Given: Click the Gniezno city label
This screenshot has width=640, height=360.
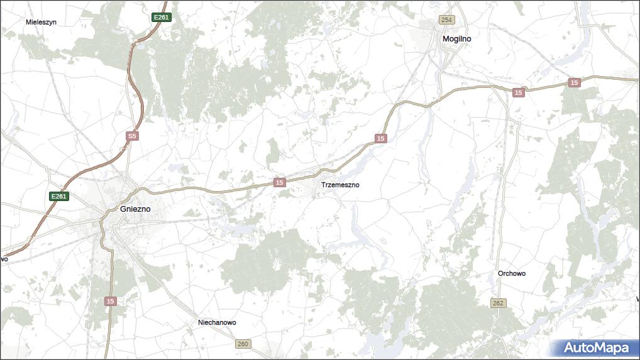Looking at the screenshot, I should click(135, 209).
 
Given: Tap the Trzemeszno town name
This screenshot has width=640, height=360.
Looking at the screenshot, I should click(340, 185).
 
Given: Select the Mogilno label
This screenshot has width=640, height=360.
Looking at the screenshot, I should click(457, 39).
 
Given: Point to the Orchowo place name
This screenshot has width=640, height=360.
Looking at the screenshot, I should click(511, 274).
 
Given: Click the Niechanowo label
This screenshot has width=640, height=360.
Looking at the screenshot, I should click(217, 323).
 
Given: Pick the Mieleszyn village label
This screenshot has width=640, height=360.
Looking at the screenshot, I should click(41, 22).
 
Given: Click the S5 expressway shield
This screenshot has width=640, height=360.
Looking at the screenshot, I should click(131, 136).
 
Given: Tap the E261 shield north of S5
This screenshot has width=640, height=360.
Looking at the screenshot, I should click(162, 18).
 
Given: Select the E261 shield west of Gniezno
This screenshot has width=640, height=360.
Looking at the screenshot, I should click(58, 197).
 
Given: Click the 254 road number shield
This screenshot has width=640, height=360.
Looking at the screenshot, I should click(446, 20).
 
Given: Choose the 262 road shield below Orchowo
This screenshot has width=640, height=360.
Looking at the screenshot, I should click(498, 303).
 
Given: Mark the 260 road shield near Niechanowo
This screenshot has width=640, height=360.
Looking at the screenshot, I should click(243, 344).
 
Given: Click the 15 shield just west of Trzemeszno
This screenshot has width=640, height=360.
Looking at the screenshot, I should click(280, 182).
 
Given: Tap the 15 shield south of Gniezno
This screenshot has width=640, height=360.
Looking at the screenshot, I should click(111, 302).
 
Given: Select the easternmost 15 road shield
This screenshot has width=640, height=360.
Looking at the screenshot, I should click(574, 83).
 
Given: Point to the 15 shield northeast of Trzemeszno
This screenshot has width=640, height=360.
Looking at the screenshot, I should click(380, 138).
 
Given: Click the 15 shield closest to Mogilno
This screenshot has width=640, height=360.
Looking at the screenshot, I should click(517, 93).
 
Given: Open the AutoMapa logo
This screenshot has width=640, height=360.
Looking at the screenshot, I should click(595, 348).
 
